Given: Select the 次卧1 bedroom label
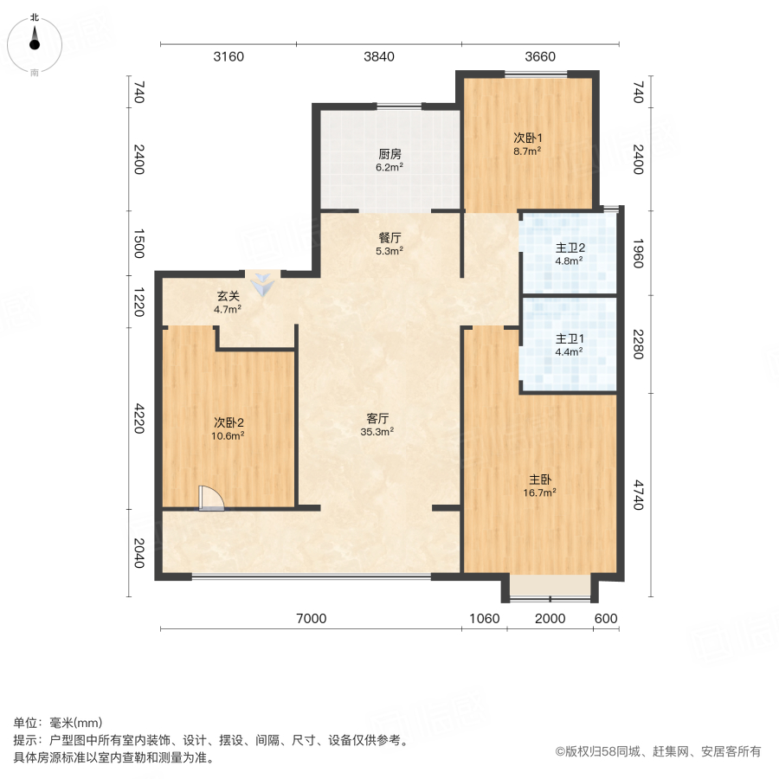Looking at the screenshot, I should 527,138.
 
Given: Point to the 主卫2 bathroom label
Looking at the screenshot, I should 569,248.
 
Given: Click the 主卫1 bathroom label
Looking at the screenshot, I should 569,339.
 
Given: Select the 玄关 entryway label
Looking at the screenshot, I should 228,296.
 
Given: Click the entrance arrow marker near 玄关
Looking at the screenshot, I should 261,282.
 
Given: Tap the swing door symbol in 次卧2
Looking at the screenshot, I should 210,499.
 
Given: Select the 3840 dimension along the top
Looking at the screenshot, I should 379,57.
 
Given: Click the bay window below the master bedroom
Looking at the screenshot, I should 550,587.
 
